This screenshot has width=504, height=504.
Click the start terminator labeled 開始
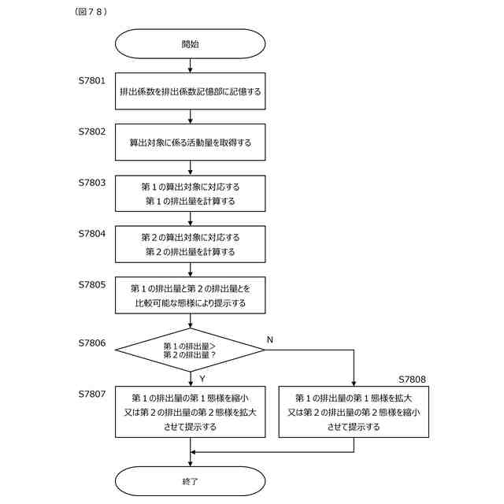coord(191,44)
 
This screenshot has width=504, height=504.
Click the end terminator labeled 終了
coord(191,481)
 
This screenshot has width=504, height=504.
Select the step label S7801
coord(92,80)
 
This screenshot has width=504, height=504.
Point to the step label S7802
coord(92,132)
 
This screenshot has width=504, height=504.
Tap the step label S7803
coord(92,183)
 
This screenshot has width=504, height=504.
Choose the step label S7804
coord(92,233)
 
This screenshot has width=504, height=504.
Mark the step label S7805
coord(92,284)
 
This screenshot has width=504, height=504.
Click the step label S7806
coord(92,343)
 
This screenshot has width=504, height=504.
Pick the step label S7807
coord(92,394)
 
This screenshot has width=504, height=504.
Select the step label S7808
coord(412,380)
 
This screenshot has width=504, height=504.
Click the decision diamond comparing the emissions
coord(191,350)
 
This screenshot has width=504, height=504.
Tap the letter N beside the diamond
coord(270,339)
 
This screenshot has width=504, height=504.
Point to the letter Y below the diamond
coord(202,379)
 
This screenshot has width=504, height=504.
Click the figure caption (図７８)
coord(91,12)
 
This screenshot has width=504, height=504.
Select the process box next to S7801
coord(191,91)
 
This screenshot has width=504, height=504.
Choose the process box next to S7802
coord(191,142)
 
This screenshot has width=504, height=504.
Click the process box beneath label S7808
coord(354,412)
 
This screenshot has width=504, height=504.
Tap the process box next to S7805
coord(191,295)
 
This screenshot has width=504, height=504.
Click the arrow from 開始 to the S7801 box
coord(191,65)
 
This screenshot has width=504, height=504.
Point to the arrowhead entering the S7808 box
coord(354,384)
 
